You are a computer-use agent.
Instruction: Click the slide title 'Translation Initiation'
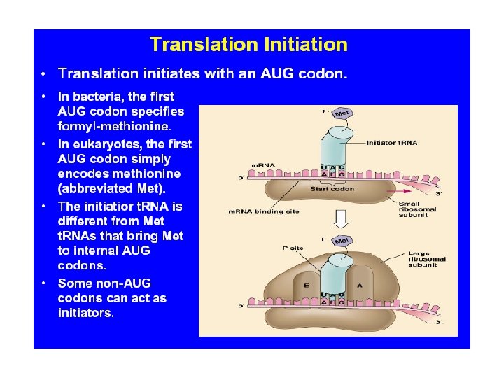248,45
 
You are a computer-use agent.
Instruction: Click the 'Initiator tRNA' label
392,142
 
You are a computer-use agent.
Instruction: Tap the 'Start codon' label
332,189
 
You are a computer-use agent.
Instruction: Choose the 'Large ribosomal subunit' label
426,258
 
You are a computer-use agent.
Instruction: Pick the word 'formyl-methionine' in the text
114,127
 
